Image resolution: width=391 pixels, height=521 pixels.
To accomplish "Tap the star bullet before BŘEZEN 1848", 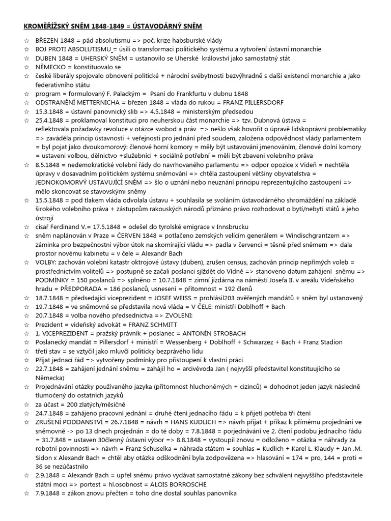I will (27, 40).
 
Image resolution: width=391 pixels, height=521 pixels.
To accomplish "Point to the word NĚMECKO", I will (52, 67).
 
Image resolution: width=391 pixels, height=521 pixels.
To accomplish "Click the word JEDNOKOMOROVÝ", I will (65, 182).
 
